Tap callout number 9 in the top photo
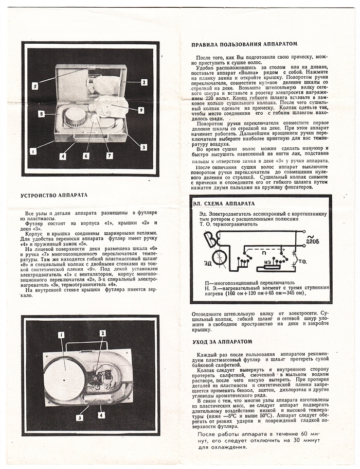[x=140, y=110]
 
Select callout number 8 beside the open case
[x=40, y=113]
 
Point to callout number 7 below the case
[x=109, y=155]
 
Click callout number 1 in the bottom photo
[x=61, y=335]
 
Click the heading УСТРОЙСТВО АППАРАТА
[x=54, y=196]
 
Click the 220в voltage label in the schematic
[x=312, y=240]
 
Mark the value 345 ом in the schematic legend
[x=292, y=293]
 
